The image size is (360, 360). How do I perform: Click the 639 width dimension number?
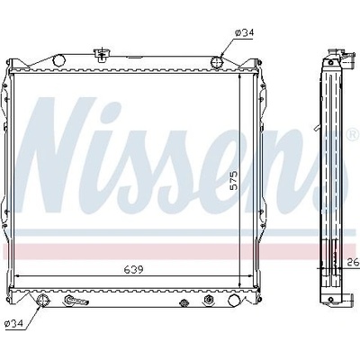pos(134,270)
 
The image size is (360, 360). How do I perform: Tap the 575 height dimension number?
pos(234,180)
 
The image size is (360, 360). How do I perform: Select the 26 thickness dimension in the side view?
pos(353,263)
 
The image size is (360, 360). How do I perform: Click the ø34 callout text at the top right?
pos(244,32)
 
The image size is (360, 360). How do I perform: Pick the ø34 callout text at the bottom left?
pos(14,323)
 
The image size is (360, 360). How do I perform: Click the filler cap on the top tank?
pos(103,55)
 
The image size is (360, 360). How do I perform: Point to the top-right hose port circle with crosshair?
pos(217,62)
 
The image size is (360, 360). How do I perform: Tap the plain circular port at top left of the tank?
pos(58,59)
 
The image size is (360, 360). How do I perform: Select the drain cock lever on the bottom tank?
pos(75,302)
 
